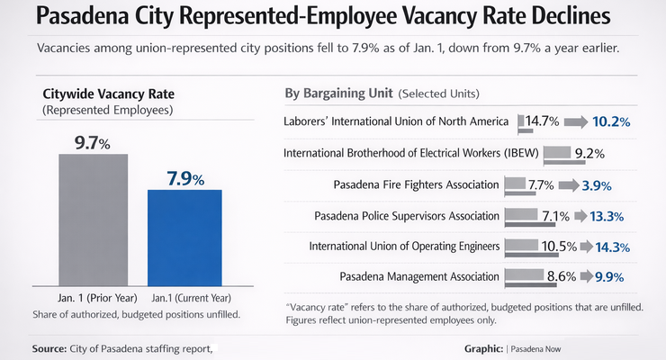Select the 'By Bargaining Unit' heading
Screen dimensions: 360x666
tap(337, 94)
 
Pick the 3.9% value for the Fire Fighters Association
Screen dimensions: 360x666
tap(597, 185)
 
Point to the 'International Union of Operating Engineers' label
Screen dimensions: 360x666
tap(404, 247)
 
